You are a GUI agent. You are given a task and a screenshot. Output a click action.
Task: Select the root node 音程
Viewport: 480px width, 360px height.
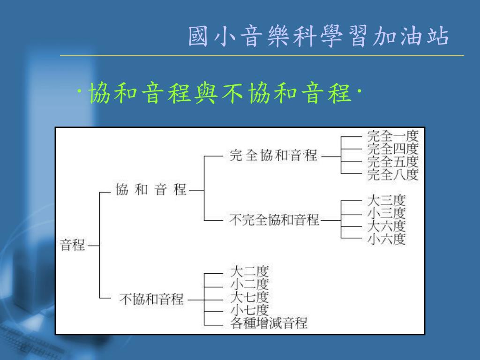tap(73, 245)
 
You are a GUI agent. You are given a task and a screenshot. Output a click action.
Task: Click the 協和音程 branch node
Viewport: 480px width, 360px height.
tap(151, 190)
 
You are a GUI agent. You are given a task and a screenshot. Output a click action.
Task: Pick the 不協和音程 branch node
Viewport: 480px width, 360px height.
tap(151, 299)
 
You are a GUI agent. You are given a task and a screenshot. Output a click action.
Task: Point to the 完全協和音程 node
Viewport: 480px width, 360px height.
tap(273, 156)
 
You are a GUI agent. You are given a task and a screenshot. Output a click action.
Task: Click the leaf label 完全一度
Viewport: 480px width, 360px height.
tap(392, 137)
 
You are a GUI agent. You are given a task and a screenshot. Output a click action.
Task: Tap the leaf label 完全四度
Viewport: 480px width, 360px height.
tap(392, 150)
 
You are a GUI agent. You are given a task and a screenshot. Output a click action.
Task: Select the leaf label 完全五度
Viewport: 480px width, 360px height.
tap(392, 162)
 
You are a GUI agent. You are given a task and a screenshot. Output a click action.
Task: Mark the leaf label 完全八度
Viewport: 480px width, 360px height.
tap(392, 175)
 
